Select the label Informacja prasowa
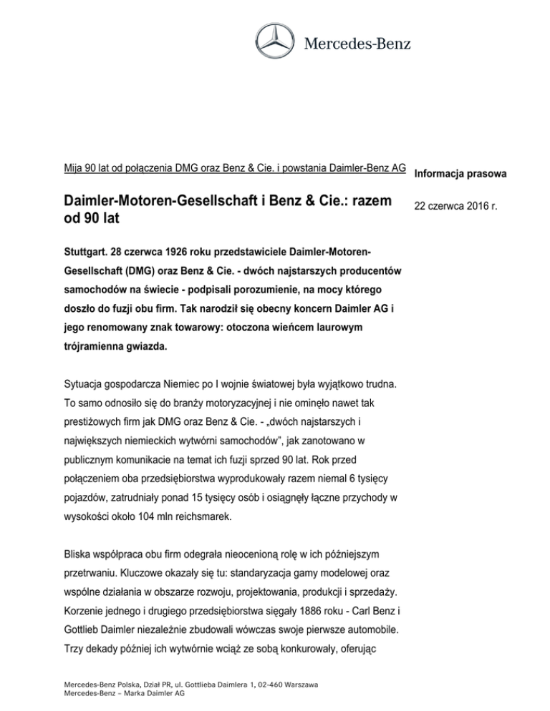tap(459, 173)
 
